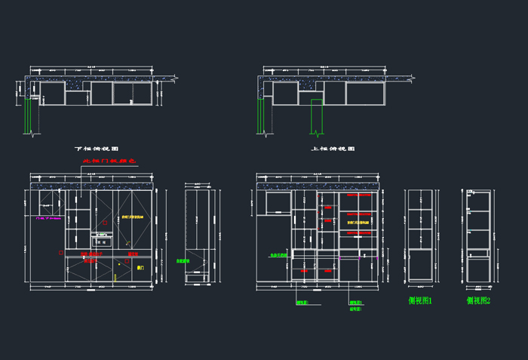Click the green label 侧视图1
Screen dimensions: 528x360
pyautogui.click(x=420, y=300)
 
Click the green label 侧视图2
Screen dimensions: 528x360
pyautogui.click(x=478, y=300)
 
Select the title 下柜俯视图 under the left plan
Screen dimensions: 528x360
pyautogui.click(x=97, y=149)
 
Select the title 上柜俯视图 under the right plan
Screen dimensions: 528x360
pyautogui.click(x=333, y=149)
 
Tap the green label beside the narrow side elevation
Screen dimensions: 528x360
pyautogui.click(x=182, y=261)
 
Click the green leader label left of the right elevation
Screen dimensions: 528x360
pyautogui.click(x=278, y=255)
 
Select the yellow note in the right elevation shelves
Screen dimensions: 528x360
pyautogui.click(x=358, y=223)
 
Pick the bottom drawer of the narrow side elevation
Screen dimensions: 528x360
pyautogui.click(x=198, y=278)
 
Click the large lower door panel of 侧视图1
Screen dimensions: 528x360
pyautogui.click(x=420, y=266)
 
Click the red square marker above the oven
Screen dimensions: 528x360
pyautogui.click(x=104, y=223)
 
